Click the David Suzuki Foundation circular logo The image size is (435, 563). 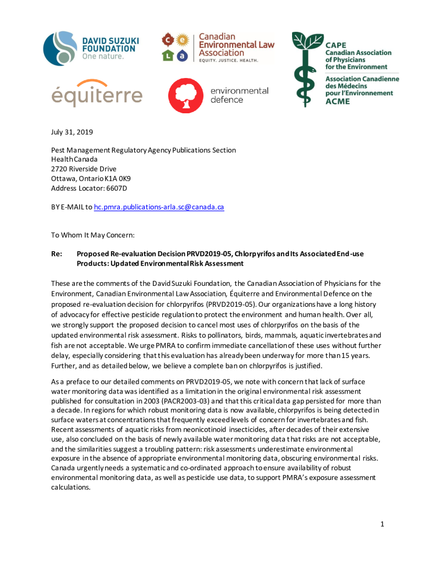60,48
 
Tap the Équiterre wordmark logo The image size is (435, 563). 97,95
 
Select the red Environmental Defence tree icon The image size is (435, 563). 185,95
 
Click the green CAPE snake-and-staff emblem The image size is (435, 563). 306,69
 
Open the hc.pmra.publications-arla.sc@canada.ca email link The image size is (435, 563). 159,207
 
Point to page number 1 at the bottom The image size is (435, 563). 382,523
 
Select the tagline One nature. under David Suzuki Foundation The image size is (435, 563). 103,56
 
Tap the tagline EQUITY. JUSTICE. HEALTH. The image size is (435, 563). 228,60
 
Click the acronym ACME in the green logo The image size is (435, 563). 337,101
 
